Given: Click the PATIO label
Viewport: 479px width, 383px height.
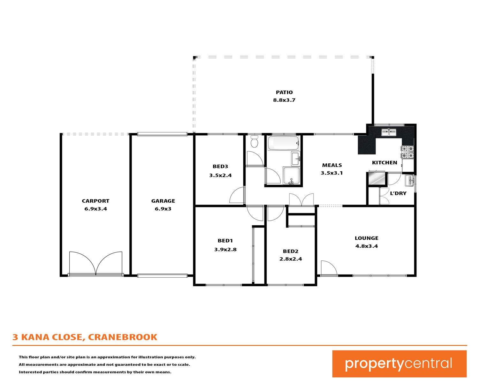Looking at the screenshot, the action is point(284,92).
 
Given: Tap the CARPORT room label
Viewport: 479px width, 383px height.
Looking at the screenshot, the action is point(95,201).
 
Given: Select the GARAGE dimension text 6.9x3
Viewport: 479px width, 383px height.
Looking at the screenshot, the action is point(163,209).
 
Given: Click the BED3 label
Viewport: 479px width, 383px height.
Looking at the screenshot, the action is point(220,167).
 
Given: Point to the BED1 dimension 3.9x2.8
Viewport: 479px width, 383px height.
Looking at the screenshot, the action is point(225,250).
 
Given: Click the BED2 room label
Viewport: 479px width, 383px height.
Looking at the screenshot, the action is point(291,251).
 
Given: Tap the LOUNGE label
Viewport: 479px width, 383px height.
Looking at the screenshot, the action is point(366,238).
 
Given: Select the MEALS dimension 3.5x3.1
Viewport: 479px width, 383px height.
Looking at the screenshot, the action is point(332,173).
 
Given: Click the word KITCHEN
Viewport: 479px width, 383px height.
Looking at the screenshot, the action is point(384,163).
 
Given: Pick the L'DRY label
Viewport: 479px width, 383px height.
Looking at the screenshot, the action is point(398,193).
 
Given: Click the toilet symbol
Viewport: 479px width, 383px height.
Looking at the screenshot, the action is point(254,141).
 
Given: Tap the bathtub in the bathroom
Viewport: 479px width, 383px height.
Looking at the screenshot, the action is point(283,143).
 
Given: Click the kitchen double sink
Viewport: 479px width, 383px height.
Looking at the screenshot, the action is point(389,132).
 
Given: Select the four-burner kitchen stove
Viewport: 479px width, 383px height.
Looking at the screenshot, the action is point(407,152).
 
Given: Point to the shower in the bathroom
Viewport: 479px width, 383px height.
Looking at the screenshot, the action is point(292,176).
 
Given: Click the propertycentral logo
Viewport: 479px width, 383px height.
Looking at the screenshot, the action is point(399,364).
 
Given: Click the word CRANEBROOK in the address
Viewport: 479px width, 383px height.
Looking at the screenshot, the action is point(123,337).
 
